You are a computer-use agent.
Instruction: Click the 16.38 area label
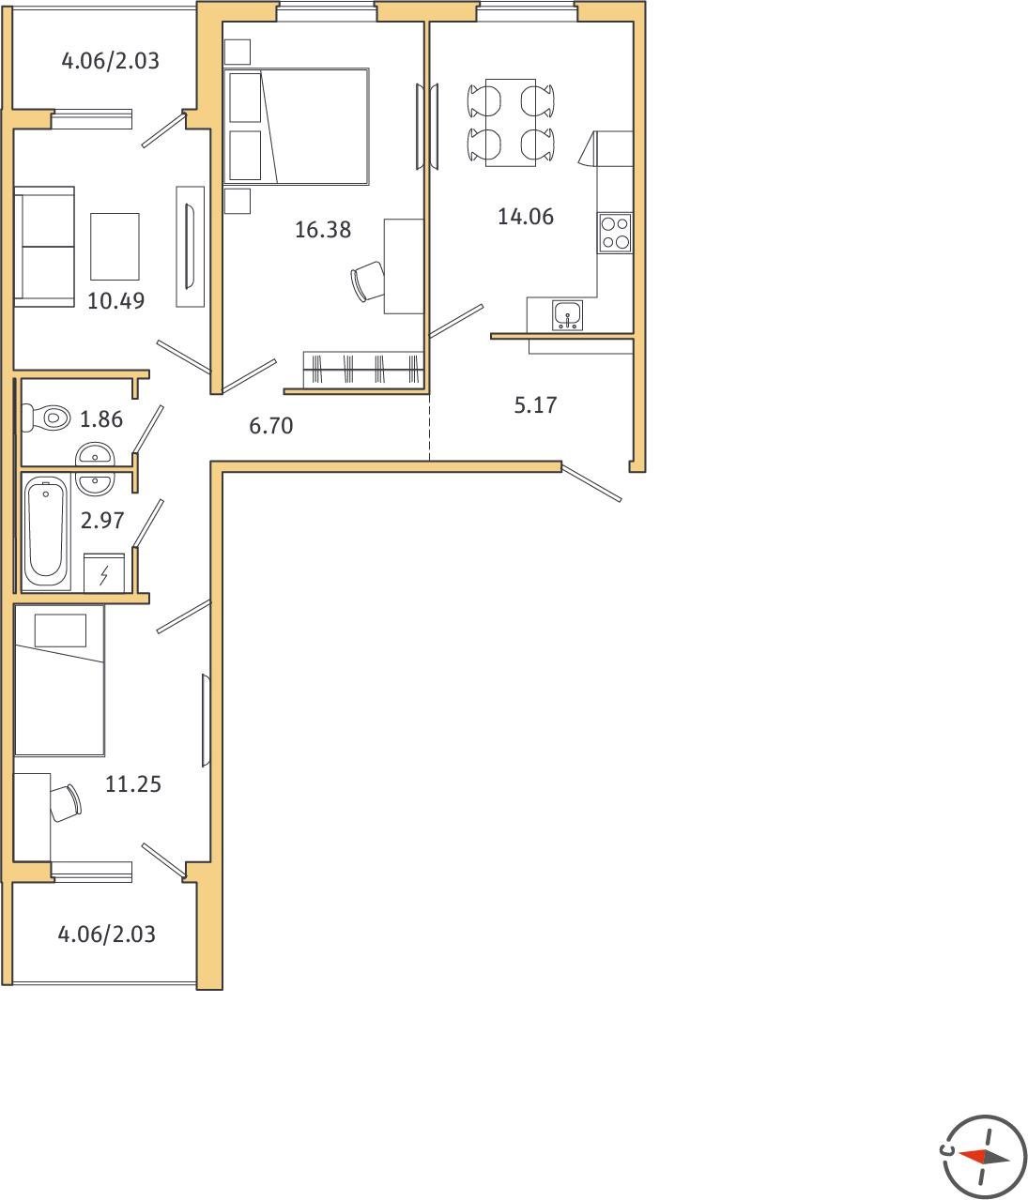click(x=323, y=230)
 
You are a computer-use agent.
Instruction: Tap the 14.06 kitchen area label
click(x=526, y=217)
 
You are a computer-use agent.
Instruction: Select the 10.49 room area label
click(x=116, y=301)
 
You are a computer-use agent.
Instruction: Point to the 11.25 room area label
click(x=133, y=784)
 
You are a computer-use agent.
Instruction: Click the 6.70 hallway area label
click(x=271, y=426)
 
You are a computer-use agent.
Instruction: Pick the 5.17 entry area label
click(x=535, y=404)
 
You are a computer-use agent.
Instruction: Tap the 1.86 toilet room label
click(x=101, y=419)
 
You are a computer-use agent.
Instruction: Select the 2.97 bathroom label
click(x=102, y=520)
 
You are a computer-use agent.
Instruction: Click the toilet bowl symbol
click(x=46, y=417)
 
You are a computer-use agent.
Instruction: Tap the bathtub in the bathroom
click(x=46, y=532)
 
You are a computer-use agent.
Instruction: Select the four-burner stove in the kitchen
click(x=615, y=233)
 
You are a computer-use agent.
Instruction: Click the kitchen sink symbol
click(x=567, y=315)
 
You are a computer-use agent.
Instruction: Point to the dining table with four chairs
click(x=511, y=123)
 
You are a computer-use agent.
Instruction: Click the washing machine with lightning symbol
click(x=104, y=573)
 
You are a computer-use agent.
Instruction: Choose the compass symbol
click(x=985, y=1157)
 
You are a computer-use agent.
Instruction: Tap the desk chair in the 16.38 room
click(x=368, y=281)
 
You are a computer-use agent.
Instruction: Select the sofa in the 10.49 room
click(x=44, y=247)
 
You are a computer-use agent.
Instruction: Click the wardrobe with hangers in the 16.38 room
click(x=363, y=369)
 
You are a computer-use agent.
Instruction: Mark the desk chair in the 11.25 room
click(x=65, y=803)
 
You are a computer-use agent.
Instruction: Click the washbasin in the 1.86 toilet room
click(x=95, y=454)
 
